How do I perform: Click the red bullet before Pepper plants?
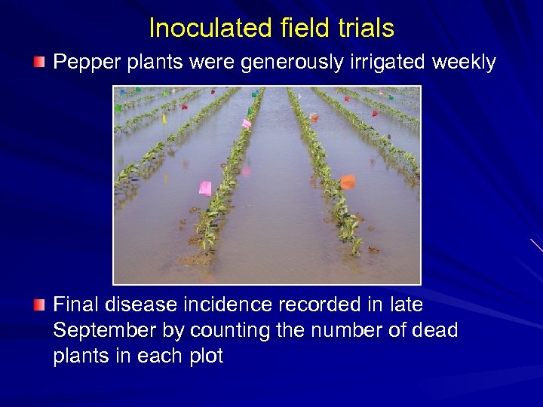(39, 61)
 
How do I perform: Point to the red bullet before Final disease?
(39, 304)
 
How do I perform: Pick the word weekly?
(464, 63)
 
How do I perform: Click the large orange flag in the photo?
(347, 182)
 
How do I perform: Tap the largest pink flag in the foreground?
(205, 188)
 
